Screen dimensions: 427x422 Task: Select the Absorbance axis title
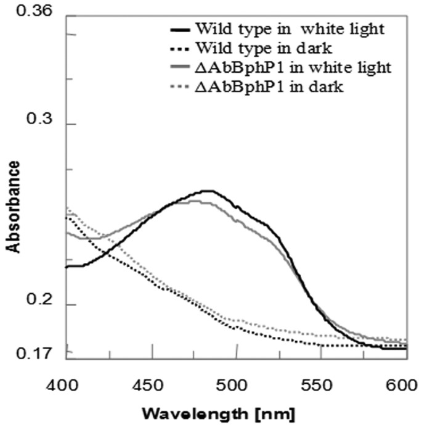click(12, 207)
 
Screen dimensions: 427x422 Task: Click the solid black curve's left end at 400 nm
click(67, 267)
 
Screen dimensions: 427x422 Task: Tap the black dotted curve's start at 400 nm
click(67, 217)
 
